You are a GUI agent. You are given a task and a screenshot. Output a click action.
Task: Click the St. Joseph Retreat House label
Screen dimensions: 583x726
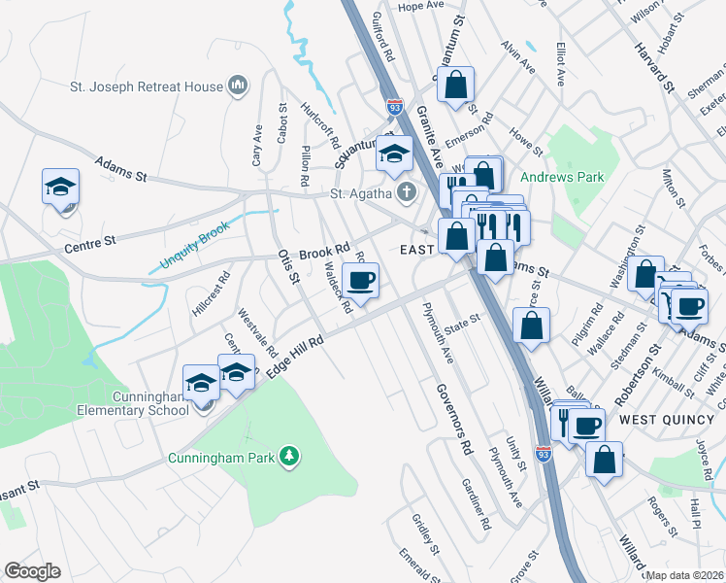tap(146, 86)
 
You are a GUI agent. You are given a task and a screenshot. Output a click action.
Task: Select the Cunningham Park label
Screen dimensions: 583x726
tap(222, 457)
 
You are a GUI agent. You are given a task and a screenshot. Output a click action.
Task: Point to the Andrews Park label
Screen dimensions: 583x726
tap(562, 177)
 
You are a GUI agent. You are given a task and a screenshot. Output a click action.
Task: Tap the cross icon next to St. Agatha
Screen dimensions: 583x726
tap(406, 193)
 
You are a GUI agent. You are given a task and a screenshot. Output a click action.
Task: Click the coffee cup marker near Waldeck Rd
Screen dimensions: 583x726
tap(362, 282)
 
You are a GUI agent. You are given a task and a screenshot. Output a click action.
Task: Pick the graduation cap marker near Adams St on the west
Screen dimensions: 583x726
tap(60, 186)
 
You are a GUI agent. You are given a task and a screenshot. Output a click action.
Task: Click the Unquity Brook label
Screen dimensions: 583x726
tap(195, 247)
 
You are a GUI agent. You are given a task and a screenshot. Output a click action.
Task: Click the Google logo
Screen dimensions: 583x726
tap(32, 571)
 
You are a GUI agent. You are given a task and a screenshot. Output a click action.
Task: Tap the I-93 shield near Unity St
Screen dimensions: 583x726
tap(544, 454)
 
